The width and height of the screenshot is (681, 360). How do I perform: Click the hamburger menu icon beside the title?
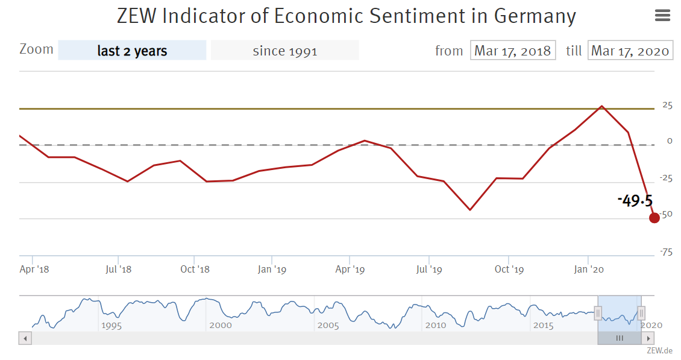tap(662, 16)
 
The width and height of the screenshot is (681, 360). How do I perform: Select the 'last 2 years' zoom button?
tap(132, 51)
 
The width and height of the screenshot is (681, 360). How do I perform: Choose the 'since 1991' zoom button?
tap(284, 51)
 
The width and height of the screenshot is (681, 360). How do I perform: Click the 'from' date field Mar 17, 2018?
tap(512, 51)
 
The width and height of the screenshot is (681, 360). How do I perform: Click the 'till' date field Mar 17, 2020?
tap(630, 51)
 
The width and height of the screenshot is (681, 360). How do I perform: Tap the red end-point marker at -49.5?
tap(654, 218)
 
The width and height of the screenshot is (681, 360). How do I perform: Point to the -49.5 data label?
tap(635, 201)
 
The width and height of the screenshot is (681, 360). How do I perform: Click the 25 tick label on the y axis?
tap(667, 105)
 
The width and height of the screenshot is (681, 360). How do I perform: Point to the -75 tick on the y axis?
tap(666, 252)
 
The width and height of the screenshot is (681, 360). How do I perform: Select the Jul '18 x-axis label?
tap(118, 269)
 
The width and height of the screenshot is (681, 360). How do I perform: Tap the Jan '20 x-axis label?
tap(589, 269)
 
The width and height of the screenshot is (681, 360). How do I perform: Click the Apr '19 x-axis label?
tap(350, 269)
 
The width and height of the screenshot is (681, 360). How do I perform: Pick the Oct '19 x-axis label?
tap(509, 269)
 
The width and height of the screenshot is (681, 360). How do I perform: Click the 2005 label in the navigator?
tap(328, 325)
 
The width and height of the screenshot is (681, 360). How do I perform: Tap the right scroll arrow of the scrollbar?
tap(648, 338)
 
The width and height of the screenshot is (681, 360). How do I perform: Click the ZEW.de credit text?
tap(659, 350)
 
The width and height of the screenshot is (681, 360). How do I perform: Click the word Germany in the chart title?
tap(535, 16)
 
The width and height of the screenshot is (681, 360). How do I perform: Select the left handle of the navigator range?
tap(598, 312)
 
